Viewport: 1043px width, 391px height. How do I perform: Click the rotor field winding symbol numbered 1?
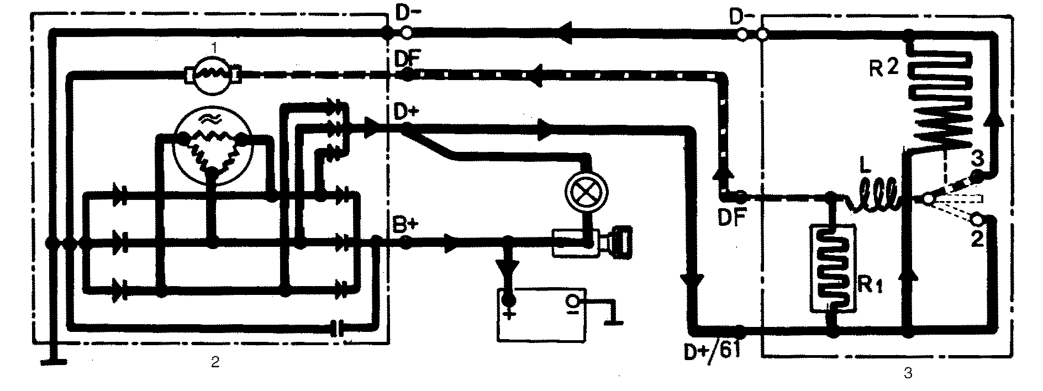pyautogui.click(x=213, y=72)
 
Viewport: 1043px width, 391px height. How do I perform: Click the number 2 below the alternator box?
pyautogui.click(x=214, y=362)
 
